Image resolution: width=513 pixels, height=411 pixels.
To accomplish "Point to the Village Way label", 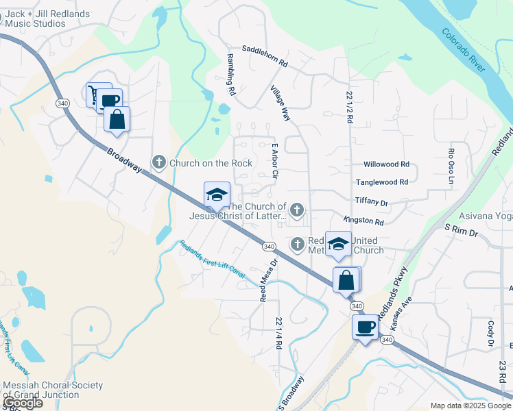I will tap(281, 103).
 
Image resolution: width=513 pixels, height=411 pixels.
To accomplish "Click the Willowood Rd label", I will tap(386, 164).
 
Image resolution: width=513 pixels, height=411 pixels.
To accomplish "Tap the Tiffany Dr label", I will tap(372, 203).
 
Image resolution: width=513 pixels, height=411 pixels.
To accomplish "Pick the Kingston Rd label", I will tap(363, 221).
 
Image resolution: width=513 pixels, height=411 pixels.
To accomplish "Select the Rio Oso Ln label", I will tap(451, 166).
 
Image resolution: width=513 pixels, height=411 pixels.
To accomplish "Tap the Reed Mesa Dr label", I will tap(268, 280).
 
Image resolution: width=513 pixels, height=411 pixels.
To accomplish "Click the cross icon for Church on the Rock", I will tap(159, 163).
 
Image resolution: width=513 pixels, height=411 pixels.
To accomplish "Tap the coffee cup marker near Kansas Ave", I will tap(365, 327).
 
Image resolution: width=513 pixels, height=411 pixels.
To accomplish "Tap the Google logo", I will tap(23, 403).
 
